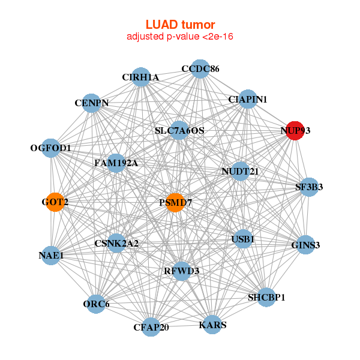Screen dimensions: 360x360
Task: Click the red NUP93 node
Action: point(294,130)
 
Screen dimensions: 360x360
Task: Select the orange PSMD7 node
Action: point(175,203)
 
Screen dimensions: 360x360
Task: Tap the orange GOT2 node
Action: point(55,202)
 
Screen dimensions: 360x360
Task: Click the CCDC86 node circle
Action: point(200,69)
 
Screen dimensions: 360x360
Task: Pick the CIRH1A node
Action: point(140,77)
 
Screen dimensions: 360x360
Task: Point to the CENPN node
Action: point(91,103)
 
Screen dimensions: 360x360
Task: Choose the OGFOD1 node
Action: point(51,148)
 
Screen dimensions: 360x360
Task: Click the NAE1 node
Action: point(51,256)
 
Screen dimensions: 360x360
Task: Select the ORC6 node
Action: point(96,304)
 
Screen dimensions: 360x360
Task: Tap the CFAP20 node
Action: point(151,327)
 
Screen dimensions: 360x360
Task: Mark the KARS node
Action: point(212,325)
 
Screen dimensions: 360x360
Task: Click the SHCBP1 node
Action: point(266,297)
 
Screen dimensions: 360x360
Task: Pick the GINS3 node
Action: point(305,245)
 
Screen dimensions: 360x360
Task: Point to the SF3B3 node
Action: point(309,187)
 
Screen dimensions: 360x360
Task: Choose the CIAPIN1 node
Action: point(248,99)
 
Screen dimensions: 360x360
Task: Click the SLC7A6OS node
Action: point(179,130)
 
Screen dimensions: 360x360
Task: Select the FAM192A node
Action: point(116,163)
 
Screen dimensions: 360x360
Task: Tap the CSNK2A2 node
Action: point(116,243)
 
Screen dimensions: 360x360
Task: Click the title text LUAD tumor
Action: point(180,25)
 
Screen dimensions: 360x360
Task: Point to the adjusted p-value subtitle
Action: point(180,37)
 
